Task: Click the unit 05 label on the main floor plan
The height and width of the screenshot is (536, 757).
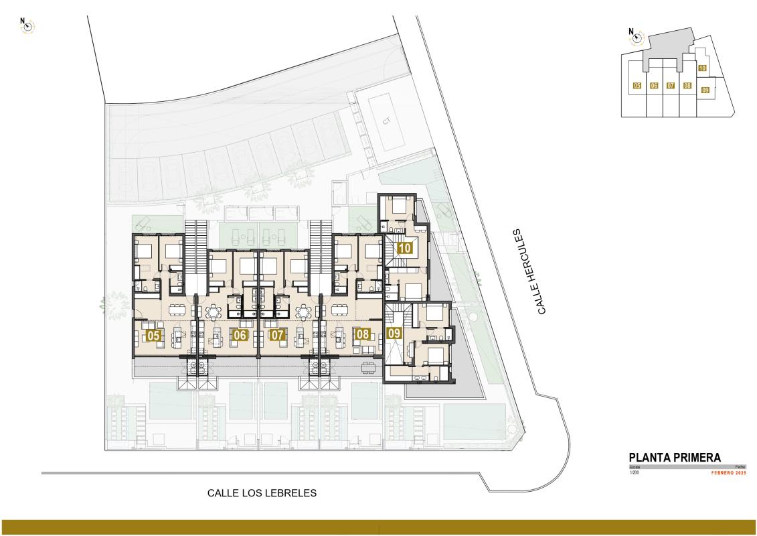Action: tap(153, 336)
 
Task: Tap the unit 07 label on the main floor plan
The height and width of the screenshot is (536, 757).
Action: tap(278, 334)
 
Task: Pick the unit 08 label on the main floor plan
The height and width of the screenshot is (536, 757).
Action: tap(363, 334)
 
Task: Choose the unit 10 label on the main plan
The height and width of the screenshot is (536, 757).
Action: tap(404, 247)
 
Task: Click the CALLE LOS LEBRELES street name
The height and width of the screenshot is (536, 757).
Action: tap(262, 493)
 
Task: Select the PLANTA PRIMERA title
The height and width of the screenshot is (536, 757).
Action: tap(675, 457)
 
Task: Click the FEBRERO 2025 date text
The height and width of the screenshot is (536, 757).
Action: tap(728, 473)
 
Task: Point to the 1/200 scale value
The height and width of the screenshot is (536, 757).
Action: tap(635, 473)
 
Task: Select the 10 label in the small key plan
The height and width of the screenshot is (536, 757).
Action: tap(702, 68)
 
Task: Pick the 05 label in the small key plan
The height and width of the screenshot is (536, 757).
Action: tap(637, 86)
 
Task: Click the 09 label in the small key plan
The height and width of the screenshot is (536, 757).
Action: tap(705, 90)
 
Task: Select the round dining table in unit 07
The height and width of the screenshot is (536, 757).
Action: tap(304, 312)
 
